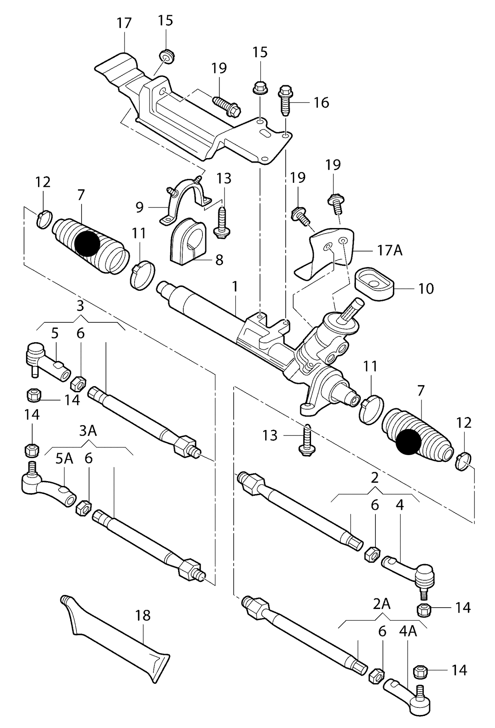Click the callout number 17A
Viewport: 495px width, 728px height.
click(389, 251)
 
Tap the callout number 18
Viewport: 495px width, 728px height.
click(143, 615)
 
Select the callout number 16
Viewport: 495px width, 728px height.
click(321, 103)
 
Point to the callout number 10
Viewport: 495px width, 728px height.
click(426, 288)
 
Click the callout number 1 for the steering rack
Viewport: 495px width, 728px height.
click(235, 287)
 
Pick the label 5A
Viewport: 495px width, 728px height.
click(64, 458)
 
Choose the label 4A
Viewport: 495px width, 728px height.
click(408, 631)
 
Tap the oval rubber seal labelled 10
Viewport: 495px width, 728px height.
click(374, 285)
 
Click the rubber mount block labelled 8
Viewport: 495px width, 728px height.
click(187, 242)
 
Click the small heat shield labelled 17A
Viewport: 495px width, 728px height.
click(325, 250)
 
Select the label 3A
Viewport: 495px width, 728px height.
click(88, 431)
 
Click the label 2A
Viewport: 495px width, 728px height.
click(382, 604)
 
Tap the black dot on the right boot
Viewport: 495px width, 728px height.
click(408, 442)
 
